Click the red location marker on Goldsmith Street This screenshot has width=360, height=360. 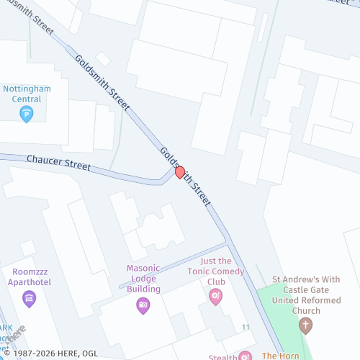pyautogui.click(x=180, y=173)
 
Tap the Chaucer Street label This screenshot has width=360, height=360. pyautogui.click(x=58, y=162)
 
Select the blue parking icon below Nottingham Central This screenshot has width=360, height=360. pyautogui.click(x=27, y=114)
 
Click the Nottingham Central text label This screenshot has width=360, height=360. pyautogui.click(x=27, y=94)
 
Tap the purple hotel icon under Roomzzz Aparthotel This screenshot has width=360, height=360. pyautogui.click(x=30, y=298)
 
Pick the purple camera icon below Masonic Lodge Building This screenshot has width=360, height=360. pyautogui.click(x=143, y=305)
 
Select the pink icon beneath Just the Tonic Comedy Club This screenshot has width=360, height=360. pyautogui.click(x=215, y=297)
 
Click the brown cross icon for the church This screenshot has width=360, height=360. pyautogui.click(x=306, y=325)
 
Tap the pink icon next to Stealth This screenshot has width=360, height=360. pyautogui.click(x=245, y=356)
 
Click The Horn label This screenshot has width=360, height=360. pyautogui.click(x=280, y=356)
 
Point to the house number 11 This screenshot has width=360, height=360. pyautogui.click(x=246, y=328)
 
